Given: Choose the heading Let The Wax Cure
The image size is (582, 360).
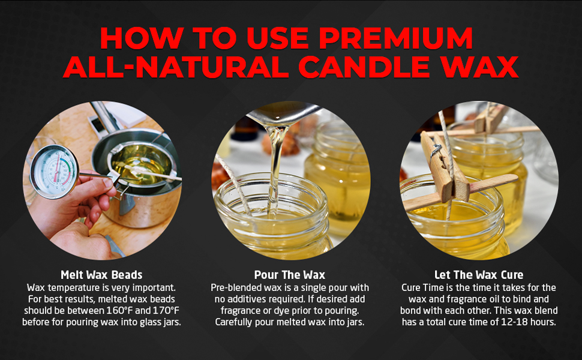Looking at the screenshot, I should tap(479, 275).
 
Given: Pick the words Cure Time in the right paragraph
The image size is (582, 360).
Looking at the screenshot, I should tap(422, 288).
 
